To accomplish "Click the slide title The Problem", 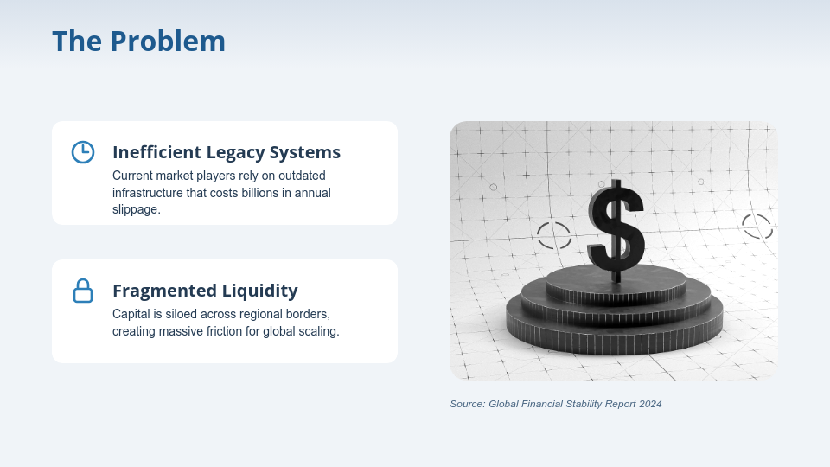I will [x=138, y=41].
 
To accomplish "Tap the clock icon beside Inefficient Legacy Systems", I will [x=82, y=151].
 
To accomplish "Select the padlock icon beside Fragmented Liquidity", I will [x=82, y=291].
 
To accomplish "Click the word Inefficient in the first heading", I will [x=156, y=152].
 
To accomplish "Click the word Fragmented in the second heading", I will [x=157, y=291].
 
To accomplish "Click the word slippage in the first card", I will [x=136, y=210].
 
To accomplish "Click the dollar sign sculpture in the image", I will [x=616, y=227].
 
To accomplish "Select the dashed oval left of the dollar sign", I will [x=554, y=235].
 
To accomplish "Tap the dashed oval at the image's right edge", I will [x=757, y=227].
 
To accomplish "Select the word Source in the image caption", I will [x=467, y=404].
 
